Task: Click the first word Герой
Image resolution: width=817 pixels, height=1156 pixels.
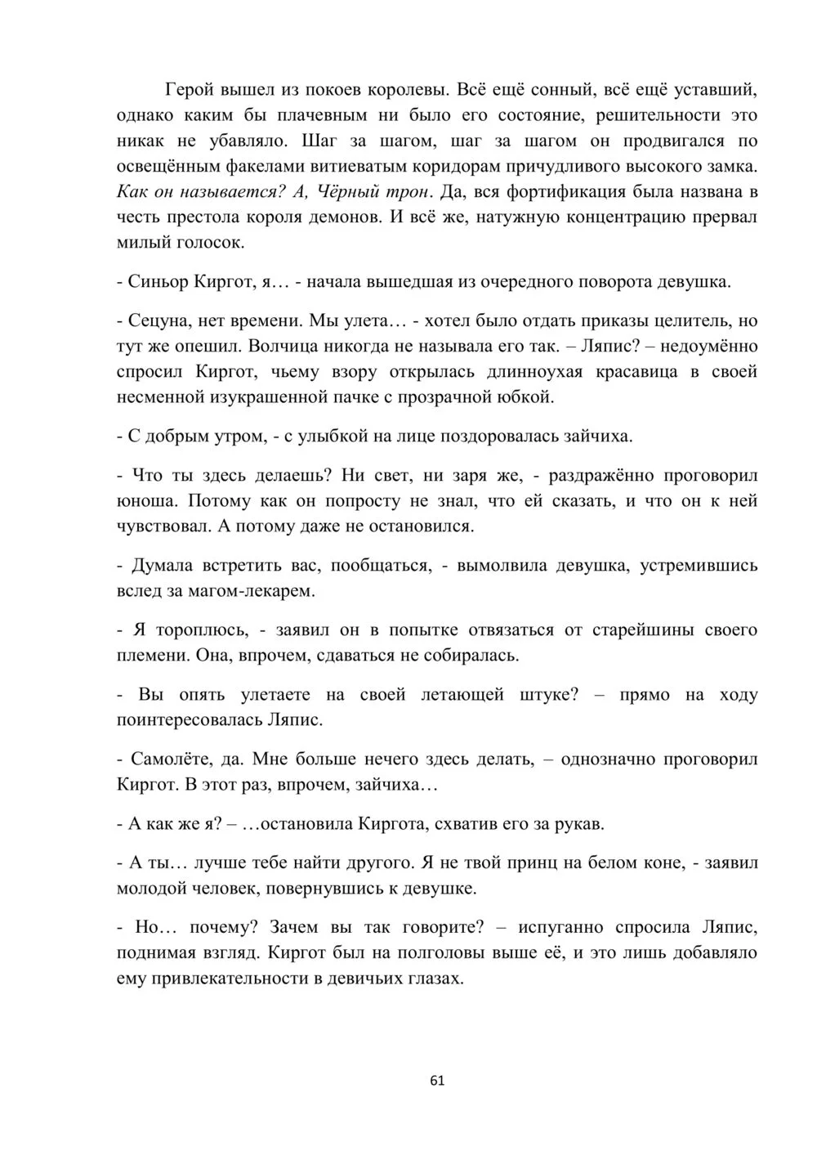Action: coord(192,89)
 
